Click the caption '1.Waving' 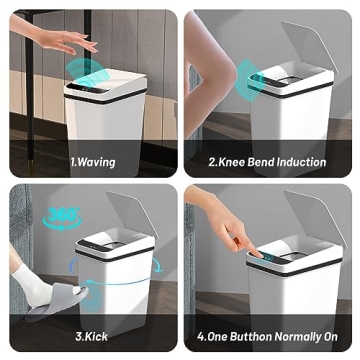coord(93,162)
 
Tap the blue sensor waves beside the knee coord(245,75)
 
